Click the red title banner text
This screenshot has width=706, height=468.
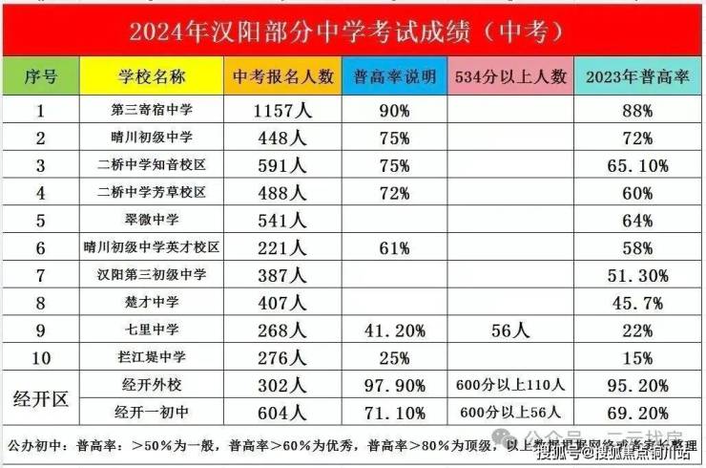point(352,31)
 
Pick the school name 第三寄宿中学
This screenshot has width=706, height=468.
point(153,111)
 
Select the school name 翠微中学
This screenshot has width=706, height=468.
point(153,221)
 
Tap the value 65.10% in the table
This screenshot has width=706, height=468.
point(636,166)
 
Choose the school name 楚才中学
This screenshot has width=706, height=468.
point(153,303)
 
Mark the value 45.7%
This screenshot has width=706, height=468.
point(636,303)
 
